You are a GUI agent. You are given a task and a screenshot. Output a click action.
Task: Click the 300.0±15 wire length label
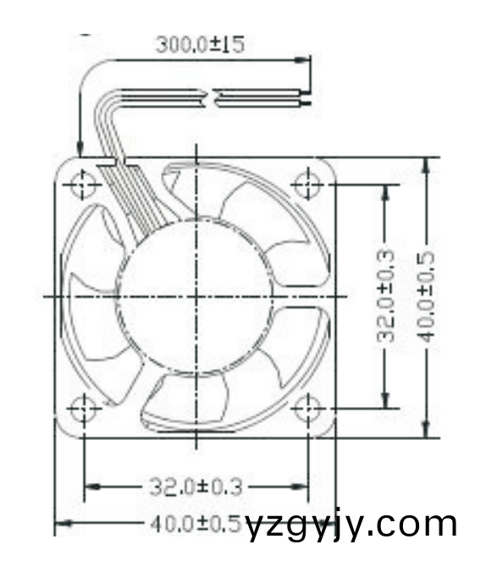[x=200, y=44]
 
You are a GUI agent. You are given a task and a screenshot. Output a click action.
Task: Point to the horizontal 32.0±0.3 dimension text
[x=196, y=487]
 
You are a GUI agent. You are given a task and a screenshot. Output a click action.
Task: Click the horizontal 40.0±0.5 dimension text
[x=196, y=524]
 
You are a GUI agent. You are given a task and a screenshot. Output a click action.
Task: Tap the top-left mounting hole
[x=84, y=184]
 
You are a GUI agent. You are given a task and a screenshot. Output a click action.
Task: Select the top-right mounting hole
[x=307, y=184]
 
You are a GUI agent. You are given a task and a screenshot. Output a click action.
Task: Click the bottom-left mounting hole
[x=84, y=409]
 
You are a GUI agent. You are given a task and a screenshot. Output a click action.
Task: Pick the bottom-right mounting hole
[x=307, y=409]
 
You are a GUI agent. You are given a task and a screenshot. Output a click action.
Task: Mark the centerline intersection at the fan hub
[x=196, y=296]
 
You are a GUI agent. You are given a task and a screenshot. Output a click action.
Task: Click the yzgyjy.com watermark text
[x=351, y=525]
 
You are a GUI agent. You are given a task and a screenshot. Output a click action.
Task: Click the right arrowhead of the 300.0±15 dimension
[x=302, y=60]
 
